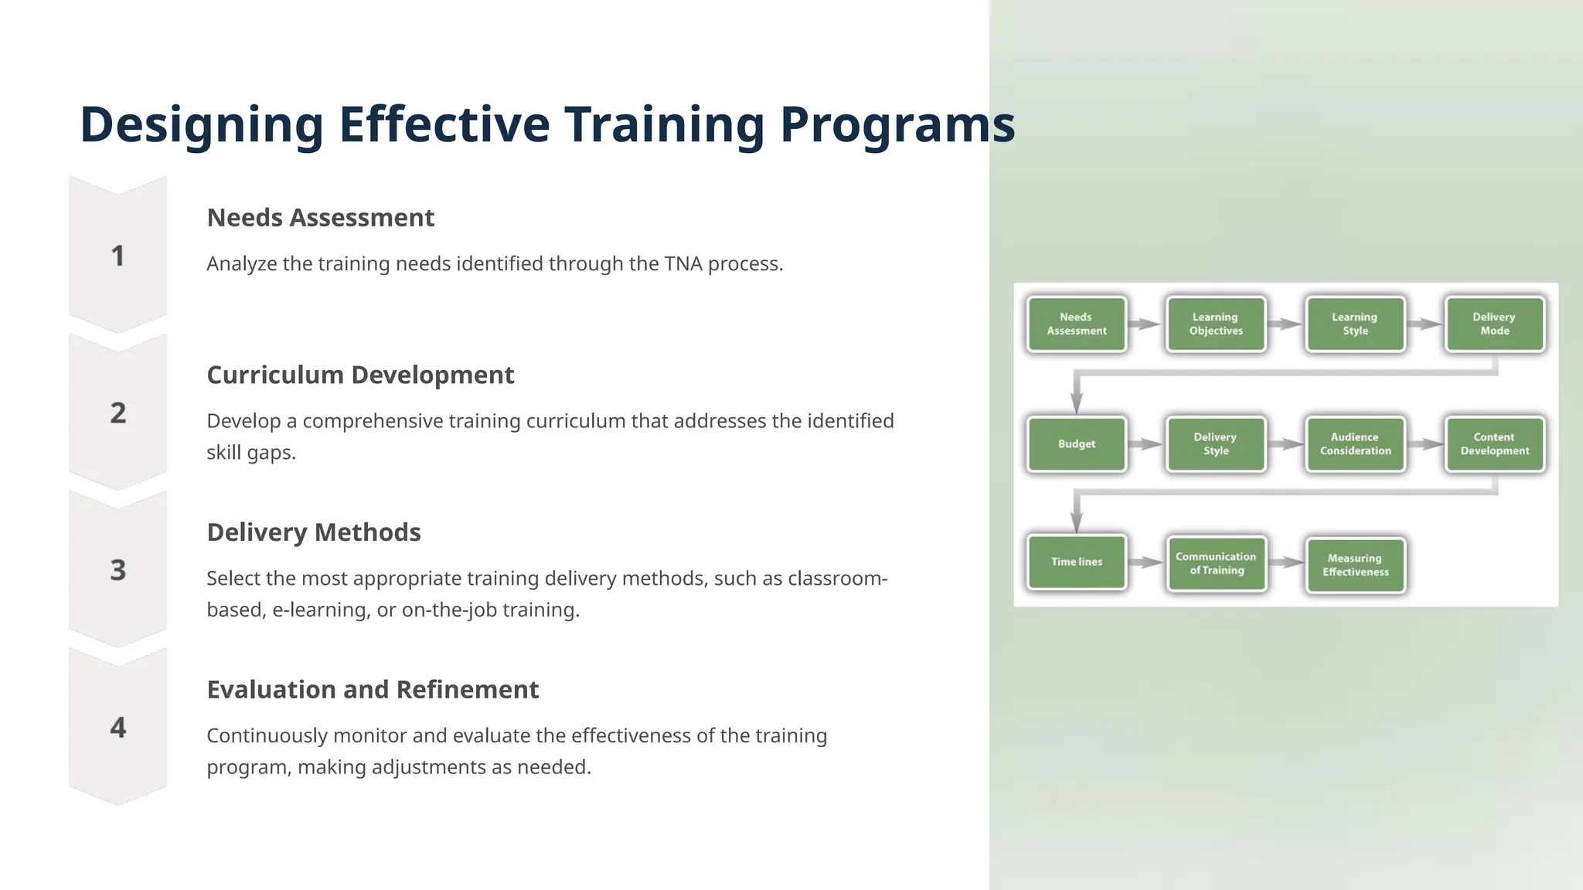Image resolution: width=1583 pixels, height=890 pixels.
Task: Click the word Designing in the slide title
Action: click(202, 125)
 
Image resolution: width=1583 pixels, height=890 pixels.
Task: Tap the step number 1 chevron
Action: click(118, 256)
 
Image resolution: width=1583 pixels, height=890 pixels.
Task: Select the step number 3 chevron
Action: click(118, 570)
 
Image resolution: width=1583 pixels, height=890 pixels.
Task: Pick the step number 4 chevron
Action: click(118, 728)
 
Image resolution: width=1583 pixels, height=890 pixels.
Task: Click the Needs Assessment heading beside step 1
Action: click(320, 218)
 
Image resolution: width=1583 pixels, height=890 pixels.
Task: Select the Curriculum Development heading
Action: click(360, 375)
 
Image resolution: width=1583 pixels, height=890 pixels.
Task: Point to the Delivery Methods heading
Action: click(314, 532)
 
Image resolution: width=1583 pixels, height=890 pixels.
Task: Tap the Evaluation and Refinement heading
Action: click(373, 690)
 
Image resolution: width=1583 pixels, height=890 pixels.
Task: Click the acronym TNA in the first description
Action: click(683, 264)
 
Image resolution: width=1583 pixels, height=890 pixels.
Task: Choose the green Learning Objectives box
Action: click(1216, 324)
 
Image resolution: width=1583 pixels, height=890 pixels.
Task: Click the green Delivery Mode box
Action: click(1494, 324)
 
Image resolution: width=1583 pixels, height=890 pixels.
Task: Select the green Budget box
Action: click(1077, 444)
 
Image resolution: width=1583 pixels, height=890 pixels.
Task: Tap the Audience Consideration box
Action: click(1355, 444)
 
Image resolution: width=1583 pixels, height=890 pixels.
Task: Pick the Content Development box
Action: click(1494, 444)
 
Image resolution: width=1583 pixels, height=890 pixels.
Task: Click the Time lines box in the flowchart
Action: click(1077, 562)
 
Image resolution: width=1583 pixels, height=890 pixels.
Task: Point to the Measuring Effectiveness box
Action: click(1355, 566)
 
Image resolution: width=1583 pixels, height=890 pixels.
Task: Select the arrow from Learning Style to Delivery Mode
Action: click(1425, 324)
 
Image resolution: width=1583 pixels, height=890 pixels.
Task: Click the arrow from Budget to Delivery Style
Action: click(1146, 444)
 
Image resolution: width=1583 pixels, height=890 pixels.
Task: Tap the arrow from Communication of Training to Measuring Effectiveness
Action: click(1286, 563)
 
